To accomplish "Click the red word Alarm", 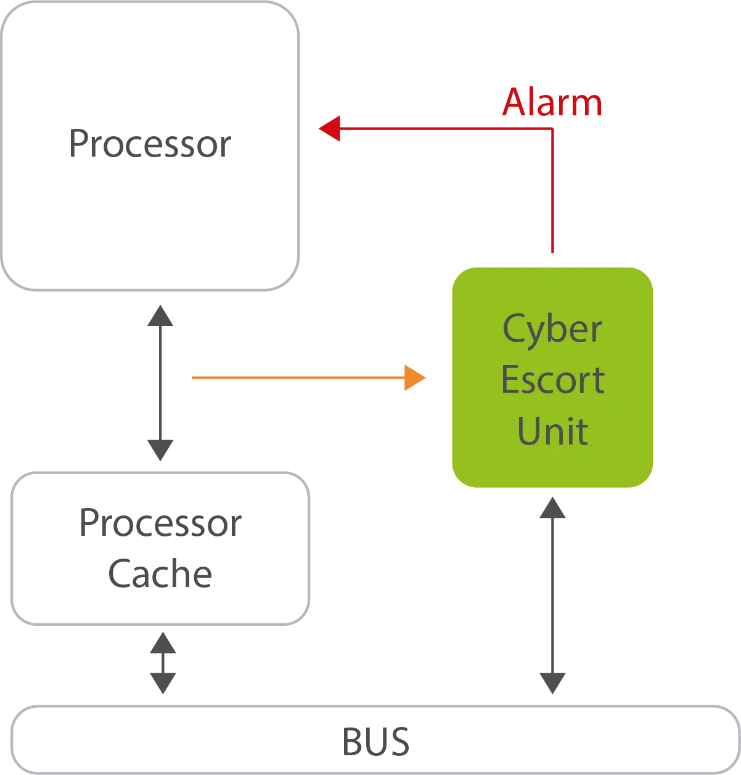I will [x=551, y=102].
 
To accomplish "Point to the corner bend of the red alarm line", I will [x=552, y=129].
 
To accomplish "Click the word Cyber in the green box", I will [x=552, y=330].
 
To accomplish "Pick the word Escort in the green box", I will [x=552, y=380].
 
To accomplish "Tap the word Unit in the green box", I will [x=552, y=430].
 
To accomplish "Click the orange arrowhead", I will [x=416, y=377].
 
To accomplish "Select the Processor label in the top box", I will [x=149, y=144].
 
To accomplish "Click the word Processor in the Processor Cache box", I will [x=159, y=525].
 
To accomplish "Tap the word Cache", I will [x=160, y=575].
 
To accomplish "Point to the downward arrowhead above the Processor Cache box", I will [x=160, y=451].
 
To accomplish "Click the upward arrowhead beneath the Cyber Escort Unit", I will [x=552, y=508].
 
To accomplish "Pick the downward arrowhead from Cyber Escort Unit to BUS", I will [x=552, y=682].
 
